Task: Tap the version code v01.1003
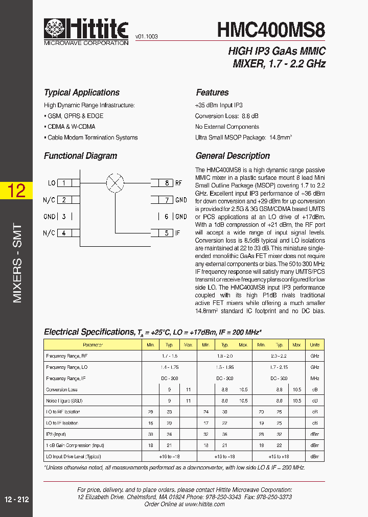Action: (146, 37)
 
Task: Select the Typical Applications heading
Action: (82, 92)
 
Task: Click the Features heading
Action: (212, 92)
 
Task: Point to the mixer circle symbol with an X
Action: (115, 182)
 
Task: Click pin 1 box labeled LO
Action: (64, 183)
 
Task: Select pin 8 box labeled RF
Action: (166, 183)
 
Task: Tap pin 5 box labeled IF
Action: (166, 233)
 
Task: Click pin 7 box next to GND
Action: (166, 200)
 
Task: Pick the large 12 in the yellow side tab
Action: (16, 191)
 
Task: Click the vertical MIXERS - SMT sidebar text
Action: (17, 263)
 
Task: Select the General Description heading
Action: (233, 156)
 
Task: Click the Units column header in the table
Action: (315, 345)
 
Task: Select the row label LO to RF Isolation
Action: (63, 412)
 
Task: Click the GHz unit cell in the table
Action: (315, 356)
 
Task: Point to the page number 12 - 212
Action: (16, 500)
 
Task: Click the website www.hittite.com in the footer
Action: (205, 504)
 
